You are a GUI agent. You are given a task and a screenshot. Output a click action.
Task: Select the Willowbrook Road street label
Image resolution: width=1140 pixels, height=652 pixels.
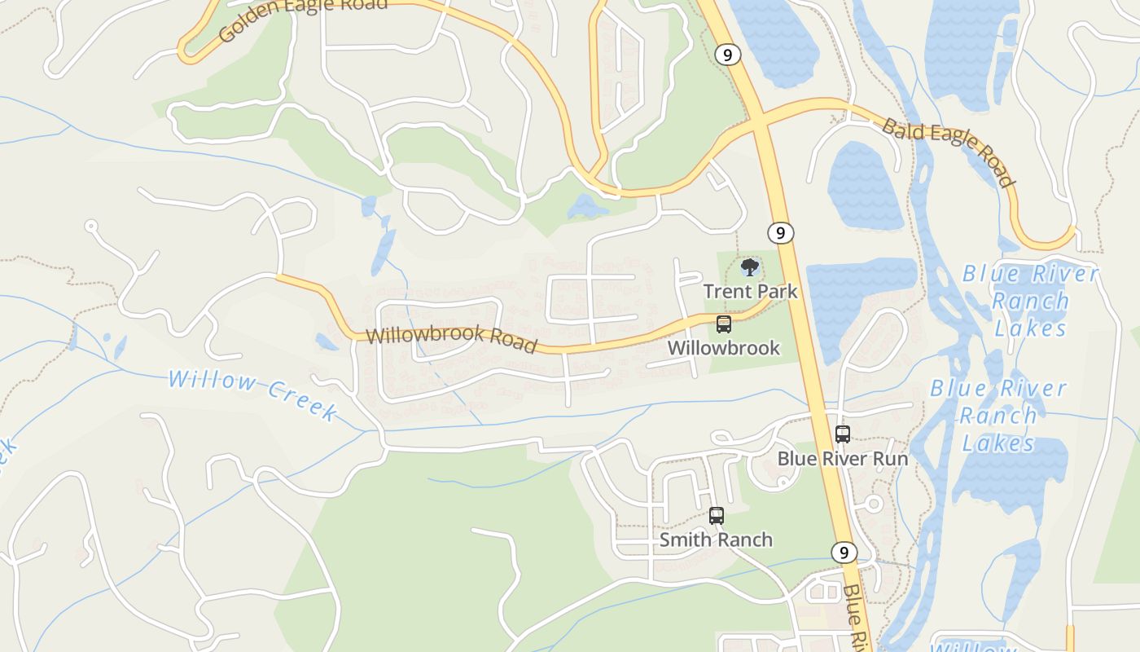451,339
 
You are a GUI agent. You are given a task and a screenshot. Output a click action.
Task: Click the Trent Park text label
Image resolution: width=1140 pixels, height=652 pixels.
750,291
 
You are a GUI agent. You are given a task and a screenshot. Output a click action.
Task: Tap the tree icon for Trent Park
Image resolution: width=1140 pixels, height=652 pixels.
749,267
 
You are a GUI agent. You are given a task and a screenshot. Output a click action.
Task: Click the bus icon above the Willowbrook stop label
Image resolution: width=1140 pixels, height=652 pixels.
723,324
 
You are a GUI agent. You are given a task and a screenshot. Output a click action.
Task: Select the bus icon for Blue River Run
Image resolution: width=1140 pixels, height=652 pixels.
843,434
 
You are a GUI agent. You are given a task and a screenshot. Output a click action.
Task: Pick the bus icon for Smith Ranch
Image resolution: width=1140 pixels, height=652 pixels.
716,516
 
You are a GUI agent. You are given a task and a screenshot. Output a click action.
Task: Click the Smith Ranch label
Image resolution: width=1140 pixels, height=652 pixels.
716,540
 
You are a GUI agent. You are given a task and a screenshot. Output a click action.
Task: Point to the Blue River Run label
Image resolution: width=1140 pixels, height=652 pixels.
842,458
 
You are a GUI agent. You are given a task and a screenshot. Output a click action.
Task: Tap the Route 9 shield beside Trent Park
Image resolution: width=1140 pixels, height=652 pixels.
780,233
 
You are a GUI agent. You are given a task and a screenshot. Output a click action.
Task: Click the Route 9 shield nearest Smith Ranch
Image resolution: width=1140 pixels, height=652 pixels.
844,553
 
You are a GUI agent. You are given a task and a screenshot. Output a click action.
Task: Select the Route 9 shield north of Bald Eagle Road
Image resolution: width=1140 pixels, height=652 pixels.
727,55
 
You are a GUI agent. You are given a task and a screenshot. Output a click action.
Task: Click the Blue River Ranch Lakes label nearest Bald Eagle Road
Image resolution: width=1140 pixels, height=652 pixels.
1030,300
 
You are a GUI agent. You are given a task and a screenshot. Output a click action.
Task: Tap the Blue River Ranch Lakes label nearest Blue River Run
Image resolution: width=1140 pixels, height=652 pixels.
998,416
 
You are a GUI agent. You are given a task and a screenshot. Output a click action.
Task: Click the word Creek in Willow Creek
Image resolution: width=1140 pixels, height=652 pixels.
300,402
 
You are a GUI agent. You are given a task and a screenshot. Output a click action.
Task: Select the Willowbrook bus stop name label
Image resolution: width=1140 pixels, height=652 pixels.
723,348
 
